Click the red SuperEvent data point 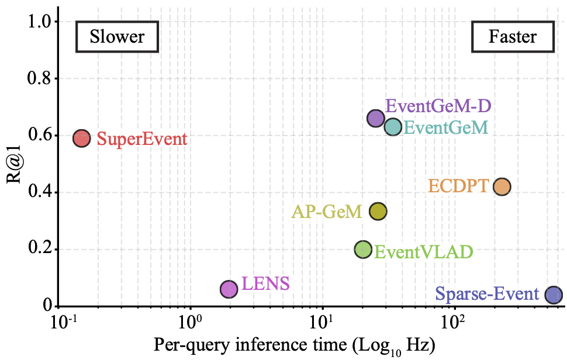[81, 139]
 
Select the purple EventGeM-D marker [375, 118]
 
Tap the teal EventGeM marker [393, 127]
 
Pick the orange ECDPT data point [502, 186]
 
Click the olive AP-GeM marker [378, 212]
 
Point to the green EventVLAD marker [363, 250]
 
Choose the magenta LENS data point [229, 289]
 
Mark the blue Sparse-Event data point [554, 295]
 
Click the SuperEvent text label [142, 140]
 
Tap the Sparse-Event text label [488, 293]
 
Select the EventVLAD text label [423, 252]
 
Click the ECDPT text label [458, 186]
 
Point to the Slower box [117, 37]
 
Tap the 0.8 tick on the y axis [40, 78]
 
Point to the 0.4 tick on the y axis [40, 192]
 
